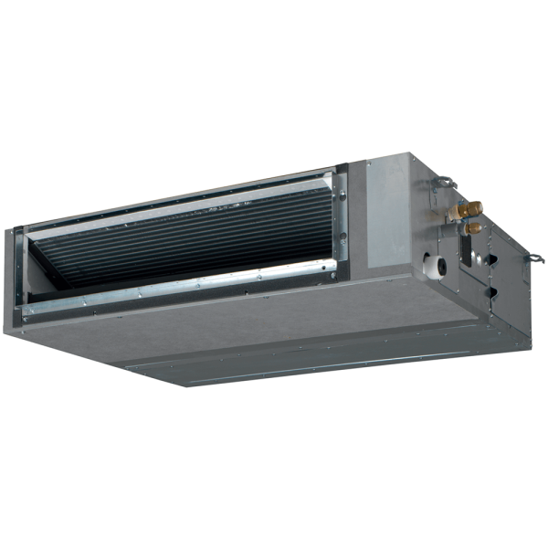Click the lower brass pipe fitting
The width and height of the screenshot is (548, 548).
(x=473, y=227)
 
